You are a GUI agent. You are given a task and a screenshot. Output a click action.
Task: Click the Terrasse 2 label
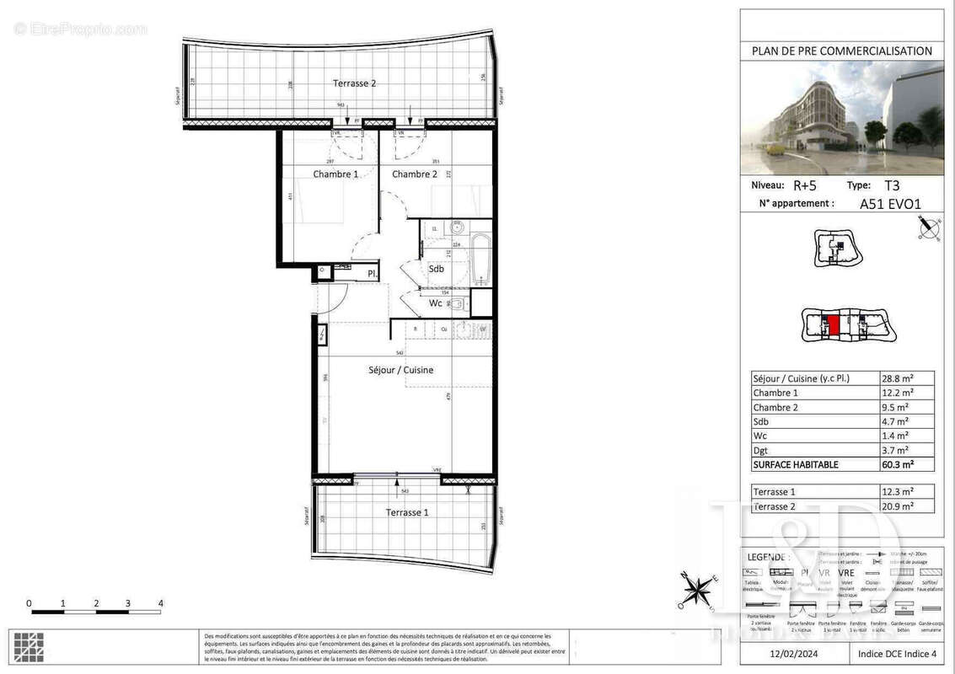(x=354, y=83)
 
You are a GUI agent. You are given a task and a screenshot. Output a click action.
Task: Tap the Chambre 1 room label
(x=335, y=174)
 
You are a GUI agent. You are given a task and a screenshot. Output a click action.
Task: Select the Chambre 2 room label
(x=415, y=174)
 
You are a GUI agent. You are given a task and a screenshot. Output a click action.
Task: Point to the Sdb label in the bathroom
(x=436, y=269)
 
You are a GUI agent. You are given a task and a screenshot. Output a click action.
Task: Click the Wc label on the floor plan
(x=436, y=303)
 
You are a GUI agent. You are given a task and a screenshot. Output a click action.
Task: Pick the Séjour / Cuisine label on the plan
(x=400, y=370)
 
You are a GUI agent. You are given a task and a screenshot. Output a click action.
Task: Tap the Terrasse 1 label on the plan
(x=407, y=512)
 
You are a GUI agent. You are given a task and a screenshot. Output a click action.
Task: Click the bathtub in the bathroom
(x=481, y=259)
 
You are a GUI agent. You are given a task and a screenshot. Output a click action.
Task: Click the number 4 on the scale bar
(x=160, y=603)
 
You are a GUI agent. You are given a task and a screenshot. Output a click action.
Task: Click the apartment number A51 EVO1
(x=889, y=203)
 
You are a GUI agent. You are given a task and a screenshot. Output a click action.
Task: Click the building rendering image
(x=841, y=117)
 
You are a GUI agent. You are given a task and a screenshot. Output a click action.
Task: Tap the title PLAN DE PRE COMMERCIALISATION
(x=841, y=51)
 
